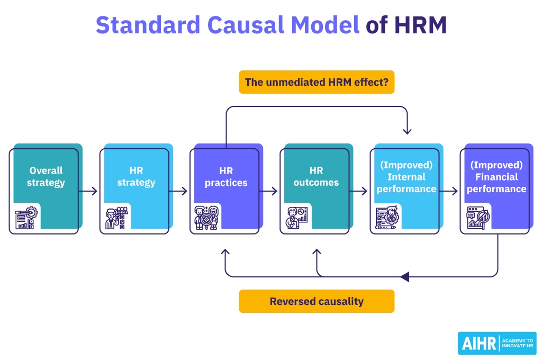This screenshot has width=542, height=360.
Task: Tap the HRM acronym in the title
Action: [420, 25]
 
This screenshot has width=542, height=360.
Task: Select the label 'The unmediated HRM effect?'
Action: [317, 82]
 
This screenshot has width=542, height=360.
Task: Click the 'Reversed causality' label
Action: [317, 301]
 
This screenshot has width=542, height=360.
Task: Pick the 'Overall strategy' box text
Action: [46, 177]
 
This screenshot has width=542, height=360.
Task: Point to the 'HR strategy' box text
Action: [136, 177]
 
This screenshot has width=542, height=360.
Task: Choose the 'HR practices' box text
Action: [226, 177]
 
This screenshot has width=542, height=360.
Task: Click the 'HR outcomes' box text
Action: [316, 177]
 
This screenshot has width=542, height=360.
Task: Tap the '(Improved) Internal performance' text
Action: [406, 177]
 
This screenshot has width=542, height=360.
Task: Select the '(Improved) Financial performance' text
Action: [496, 177]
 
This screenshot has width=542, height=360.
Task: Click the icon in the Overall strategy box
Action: [25, 218]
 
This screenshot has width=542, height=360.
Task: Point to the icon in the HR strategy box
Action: [115, 218]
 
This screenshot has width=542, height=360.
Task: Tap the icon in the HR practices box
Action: [206, 218]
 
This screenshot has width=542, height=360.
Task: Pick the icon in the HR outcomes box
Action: [296, 218]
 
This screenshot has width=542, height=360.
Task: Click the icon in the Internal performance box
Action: [386, 218]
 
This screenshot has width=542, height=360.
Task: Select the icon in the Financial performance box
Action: [476, 218]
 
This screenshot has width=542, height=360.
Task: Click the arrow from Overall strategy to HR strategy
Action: [89, 191]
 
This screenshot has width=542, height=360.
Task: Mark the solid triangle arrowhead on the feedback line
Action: [405, 276]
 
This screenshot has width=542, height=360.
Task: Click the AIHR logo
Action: [496, 343]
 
